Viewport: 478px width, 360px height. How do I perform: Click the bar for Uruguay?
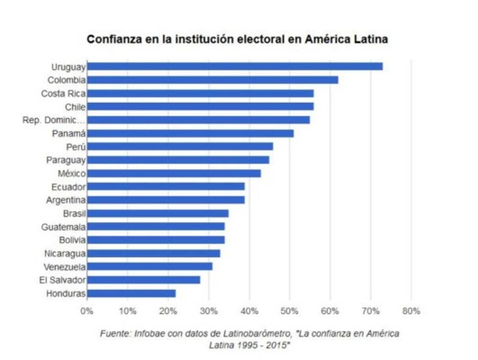(235, 66)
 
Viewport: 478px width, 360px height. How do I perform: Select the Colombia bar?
(212, 80)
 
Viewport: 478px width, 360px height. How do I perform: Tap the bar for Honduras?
(131, 294)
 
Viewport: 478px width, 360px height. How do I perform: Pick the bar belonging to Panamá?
(190, 133)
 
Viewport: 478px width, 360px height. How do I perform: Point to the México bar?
(174, 174)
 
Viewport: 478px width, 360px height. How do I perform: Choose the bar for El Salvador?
(144, 280)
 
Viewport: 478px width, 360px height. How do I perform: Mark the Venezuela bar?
(150, 266)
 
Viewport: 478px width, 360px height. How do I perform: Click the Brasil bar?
(158, 213)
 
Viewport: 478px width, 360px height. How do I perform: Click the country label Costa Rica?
(63, 94)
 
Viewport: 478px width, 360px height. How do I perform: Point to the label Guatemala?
(63, 227)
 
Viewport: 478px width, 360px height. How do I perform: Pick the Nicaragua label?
(65, 254)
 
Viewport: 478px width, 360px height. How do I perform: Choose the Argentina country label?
(66, 200)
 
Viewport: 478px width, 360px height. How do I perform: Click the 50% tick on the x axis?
(290, 311)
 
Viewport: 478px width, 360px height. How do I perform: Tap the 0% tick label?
(87, 311)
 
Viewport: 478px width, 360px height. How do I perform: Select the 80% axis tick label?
(411, 311)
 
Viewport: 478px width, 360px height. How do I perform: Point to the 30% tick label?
(208, 311)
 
